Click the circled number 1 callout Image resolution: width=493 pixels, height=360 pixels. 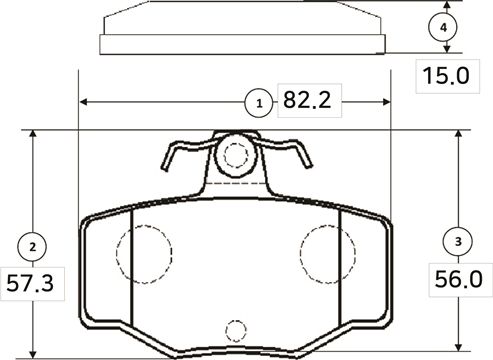pyautogui.click(x=260, y=102)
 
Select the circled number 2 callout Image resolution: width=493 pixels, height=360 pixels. pyautogui.click(x=33, y=245)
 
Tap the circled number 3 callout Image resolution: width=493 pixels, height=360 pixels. pyautogui.click(x=458, y=241)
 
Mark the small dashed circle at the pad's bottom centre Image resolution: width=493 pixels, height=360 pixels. pyautogui.click(x=235, y=329)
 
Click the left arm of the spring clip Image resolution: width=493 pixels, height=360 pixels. pyautogui.click(x=176, y=158)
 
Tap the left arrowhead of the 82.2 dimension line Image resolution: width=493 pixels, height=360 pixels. pyautogui.click(x=83, y=102)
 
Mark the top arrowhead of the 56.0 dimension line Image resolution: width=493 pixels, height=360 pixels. pyautogui.click(x=458, y=135)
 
